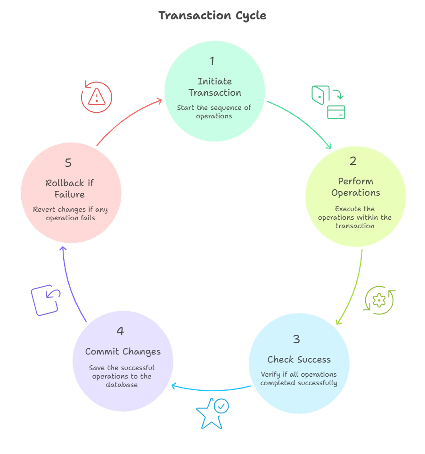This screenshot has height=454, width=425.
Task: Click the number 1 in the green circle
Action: click(x=212, y=61)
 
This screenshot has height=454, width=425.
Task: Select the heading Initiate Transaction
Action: click(x=214, y=87)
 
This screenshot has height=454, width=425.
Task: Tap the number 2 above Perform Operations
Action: click(x=353, y=161)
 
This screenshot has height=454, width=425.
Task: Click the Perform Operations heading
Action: click(x=356, y=187)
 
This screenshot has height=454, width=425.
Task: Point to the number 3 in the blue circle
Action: click(x=296, y=339)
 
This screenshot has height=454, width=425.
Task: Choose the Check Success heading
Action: click(x=299, y=359)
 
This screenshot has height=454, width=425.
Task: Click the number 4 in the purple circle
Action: click(x=120, y=331)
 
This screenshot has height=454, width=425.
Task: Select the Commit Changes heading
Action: click(x=123, y=352)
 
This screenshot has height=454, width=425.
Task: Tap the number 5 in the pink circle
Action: click(x=69, y=163)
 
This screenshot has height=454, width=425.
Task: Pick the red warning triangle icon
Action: click(x=97, y=97)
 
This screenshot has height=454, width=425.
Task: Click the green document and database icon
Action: click(x=329, y=101)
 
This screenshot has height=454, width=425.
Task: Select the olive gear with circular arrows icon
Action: click(x=379, y=299)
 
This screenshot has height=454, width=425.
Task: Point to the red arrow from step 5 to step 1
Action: click(x=127, y=117)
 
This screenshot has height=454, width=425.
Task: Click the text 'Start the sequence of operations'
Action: click(x=214, y=112)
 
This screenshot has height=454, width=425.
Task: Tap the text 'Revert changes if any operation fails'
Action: click(x=71, y=214)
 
